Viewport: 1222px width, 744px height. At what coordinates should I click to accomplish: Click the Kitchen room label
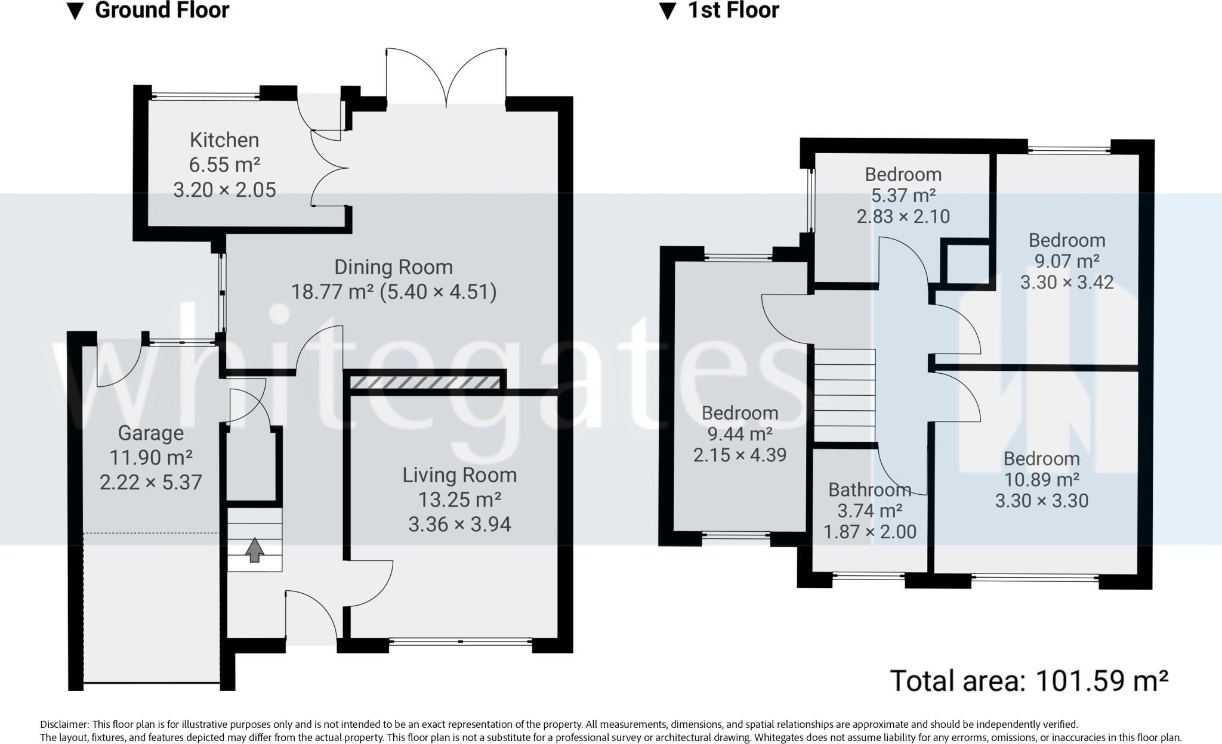[x=224, y=140]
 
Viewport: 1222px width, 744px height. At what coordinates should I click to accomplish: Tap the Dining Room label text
[x=393, y=267]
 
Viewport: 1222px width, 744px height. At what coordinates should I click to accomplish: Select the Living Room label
[x=459, y=475]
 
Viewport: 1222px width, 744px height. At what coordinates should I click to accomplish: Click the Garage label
[x=151, y=433]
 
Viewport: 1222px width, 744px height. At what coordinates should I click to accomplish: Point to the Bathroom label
[x=869, y=490]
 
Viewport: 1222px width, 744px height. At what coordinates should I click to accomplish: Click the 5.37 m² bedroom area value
[x=903, y=195]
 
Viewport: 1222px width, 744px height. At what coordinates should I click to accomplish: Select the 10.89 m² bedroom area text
[x=1042, y=479]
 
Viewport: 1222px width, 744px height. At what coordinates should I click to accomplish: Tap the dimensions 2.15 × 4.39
[x=740, y=455]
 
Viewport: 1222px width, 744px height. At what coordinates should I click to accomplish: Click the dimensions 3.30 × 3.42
[x=1067, y=282]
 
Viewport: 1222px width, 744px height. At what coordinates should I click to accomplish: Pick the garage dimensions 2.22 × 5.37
[x=151, y=482]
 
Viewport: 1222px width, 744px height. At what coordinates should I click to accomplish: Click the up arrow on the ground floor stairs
[x=255, y=550]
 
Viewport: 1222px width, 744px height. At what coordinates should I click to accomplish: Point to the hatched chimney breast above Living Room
[x=425, y=382]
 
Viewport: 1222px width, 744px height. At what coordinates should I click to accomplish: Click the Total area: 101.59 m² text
[x=1029, y=680]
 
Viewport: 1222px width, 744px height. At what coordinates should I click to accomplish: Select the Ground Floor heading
[x=162, y=10]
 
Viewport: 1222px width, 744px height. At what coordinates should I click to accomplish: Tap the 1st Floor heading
[x=733, y=10]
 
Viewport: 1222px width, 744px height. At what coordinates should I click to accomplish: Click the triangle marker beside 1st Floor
[x=667, y=12]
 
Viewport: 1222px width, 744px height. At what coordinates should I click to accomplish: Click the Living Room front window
[x=461, y=642]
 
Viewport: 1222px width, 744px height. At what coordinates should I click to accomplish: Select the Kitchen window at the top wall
[x=205, y=94]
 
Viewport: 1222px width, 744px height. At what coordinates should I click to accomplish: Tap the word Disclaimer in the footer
[x=64, y=725]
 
